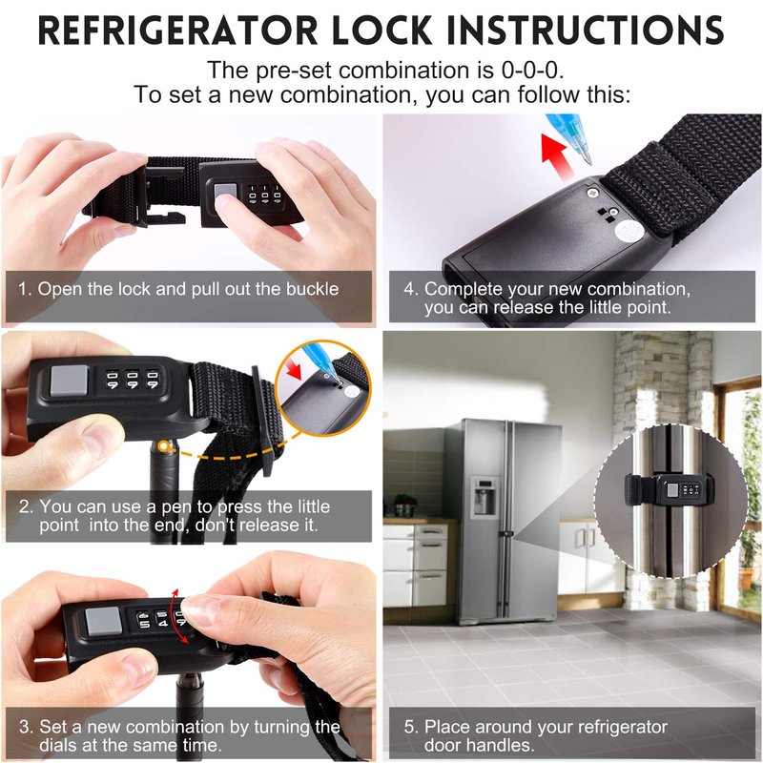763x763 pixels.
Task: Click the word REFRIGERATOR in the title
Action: click(177, 31)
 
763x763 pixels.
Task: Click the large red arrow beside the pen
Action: click(556, 155)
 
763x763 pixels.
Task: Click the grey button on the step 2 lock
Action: click(69, 381)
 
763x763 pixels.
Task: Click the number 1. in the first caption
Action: click(25, 289)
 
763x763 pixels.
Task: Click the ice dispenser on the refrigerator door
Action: click(485, 496)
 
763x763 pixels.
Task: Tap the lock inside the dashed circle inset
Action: click(670, 490)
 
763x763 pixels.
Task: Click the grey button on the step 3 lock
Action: click(103, 621)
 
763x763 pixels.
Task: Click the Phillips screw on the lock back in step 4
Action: click(592, 193)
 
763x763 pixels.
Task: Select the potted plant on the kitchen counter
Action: click(404, 505)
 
